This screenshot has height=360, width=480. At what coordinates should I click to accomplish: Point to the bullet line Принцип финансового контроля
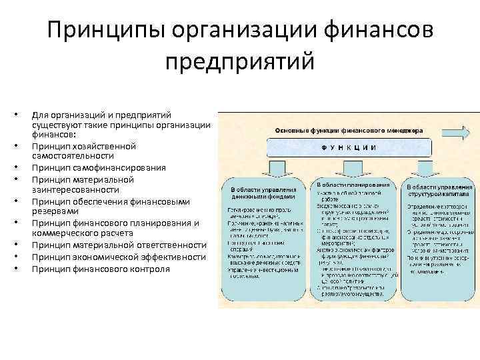click(x=100, y=269)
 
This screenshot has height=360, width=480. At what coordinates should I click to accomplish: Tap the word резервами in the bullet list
click(x=55, y=212)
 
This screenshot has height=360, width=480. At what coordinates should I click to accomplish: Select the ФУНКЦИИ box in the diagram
click(x=347, y=147)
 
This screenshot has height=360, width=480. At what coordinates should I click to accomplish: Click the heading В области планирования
click(x=353, y=183)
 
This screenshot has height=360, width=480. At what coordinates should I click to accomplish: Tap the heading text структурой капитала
click(x=439, y=196)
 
